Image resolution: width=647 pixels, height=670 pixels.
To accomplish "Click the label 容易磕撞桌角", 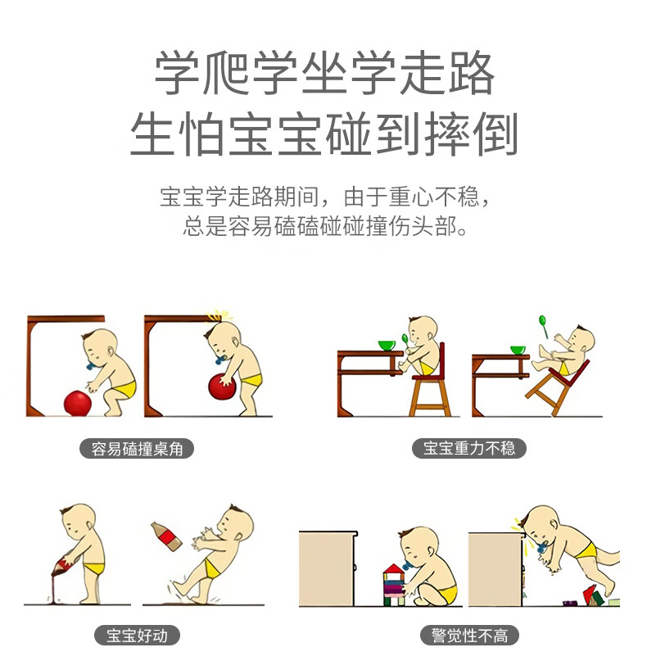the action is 137,449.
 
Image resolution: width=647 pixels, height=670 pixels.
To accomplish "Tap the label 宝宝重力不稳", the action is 468,448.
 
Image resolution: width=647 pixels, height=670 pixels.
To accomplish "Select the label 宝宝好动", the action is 137,636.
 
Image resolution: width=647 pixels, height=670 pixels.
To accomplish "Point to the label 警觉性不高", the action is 469,636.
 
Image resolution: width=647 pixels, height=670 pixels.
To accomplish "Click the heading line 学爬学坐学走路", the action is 324,73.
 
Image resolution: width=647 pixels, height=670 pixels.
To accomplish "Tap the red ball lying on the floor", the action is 78,402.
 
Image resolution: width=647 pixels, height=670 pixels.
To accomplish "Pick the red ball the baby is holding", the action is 222,387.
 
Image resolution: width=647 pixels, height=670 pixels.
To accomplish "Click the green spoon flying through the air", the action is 543,326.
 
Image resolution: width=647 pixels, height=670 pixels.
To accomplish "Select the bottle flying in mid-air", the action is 167,536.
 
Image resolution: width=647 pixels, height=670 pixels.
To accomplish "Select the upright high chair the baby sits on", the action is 429,380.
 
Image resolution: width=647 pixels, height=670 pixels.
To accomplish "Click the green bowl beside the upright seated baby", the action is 387,346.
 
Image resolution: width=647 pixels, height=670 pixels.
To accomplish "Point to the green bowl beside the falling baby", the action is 518,351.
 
